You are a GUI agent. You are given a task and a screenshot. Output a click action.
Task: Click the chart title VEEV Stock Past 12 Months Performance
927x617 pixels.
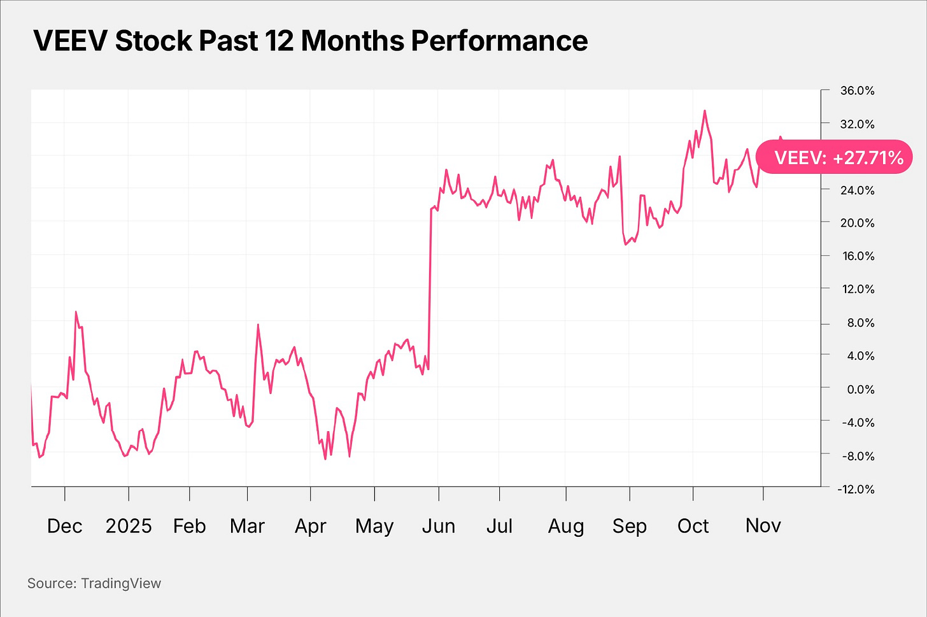pyautogui.click(x=310, y=41)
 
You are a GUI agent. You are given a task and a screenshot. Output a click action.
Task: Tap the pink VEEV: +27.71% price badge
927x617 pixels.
pyautogui.click(x=834, y=157)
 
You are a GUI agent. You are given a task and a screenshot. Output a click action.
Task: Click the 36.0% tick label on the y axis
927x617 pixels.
pyautogui.click(x=857, y=90)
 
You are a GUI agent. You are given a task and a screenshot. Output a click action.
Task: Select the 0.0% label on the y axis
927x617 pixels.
pyautogui.click(x=860, y=389)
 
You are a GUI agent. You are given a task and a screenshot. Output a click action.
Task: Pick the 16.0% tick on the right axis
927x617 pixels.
pyautogui.click(x=857, y=256)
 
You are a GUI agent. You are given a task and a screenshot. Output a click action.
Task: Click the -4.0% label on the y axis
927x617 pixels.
pyautogui.click(x=858, y=422)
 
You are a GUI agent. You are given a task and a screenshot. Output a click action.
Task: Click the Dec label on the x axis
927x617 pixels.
pyautogui.click(x=64, y=526)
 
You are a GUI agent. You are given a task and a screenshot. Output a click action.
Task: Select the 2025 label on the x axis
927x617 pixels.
pyautogui.click(x=129, y=526)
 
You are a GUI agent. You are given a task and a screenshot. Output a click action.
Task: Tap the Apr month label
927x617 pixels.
pyautogui.click(x=310, y=526)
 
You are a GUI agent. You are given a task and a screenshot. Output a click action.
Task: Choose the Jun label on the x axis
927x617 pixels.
pyautogui.click(x=438, y=526)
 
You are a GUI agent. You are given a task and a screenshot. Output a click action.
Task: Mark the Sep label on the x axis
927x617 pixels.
pyautogui.click(x=629, y=526)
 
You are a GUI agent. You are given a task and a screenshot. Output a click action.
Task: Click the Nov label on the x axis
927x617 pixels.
pyautogui.click(x=763, y=526)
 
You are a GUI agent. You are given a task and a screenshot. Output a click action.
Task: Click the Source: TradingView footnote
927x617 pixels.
pyautogui.click(x=94, y=583)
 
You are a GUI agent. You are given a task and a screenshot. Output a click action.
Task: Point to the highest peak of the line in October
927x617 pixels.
pyautogui.click(x=704, y=111)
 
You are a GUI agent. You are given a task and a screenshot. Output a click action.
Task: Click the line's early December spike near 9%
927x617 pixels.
pyautogui.click(x=76, y=312)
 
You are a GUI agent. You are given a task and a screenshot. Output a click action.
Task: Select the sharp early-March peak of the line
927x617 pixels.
pyautogui.click(x=258, y=325)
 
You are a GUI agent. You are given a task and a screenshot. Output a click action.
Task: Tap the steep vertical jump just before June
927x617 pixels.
pyautogui.click(x=430, y=287)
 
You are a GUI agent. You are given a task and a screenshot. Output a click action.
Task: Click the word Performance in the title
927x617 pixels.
pyautogui.click(x=499, y=41)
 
